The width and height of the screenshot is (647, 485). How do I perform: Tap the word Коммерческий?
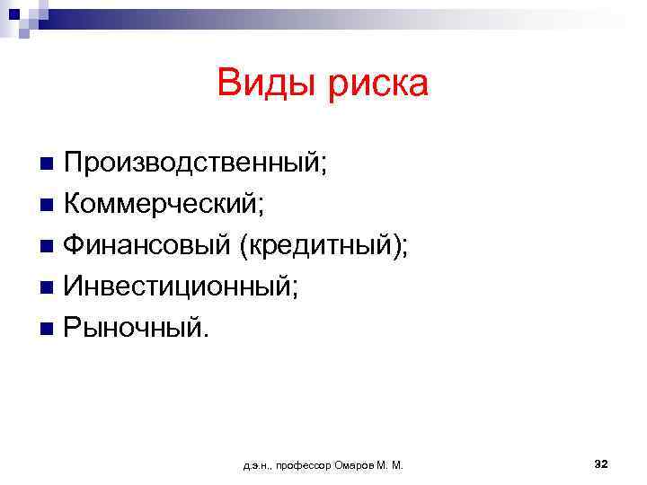pos(161,205)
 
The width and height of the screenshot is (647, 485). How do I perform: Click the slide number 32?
pos(601,463)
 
